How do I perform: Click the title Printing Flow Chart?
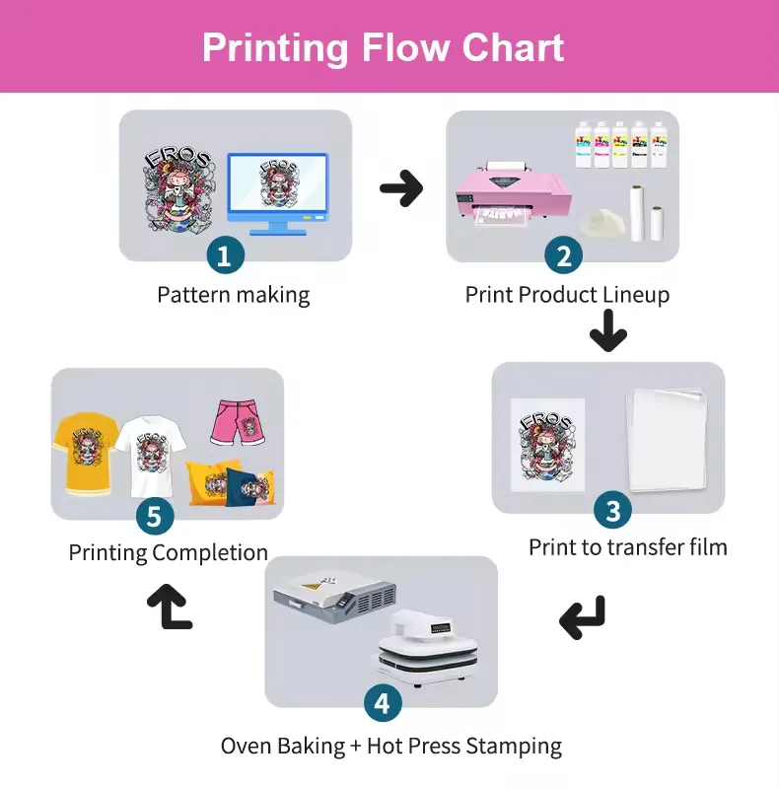coord(383,47)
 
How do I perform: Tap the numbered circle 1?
coord(226,254)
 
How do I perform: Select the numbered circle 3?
coord(613,510)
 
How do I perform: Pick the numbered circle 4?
coord(383,702)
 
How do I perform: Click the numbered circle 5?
coord(155,516)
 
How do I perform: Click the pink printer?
coord(514,194)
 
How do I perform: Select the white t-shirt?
coord(151,456)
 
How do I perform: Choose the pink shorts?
coord(238,422)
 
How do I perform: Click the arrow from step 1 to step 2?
coord(401,188)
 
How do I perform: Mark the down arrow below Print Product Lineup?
coord(608,330)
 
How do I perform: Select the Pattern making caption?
coord(234,295)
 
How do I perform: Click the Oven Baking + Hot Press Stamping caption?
coord(391,746)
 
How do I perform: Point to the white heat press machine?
coord(425,648)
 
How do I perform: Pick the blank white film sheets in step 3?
coord(667,438)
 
